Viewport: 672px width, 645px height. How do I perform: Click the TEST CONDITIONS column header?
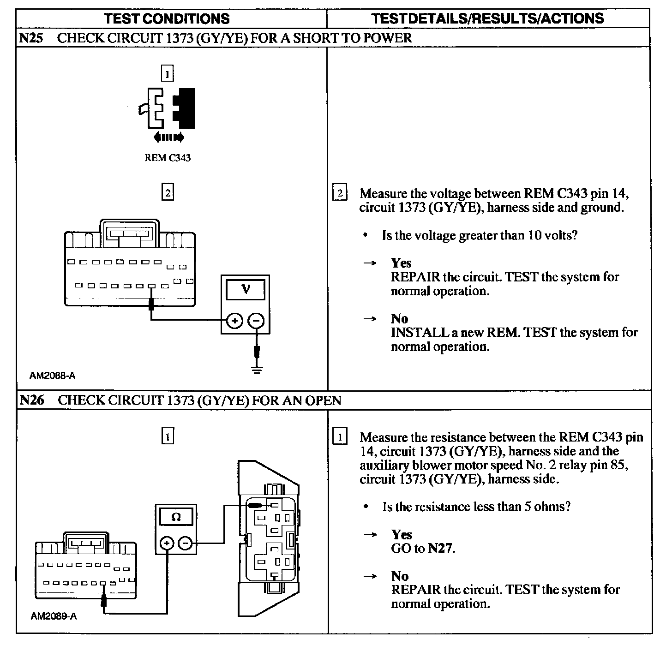point(167,18)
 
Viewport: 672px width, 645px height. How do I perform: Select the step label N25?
point(31,38)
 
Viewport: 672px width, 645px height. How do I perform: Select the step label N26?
point(32,400)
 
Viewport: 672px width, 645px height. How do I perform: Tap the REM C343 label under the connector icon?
point(168,158)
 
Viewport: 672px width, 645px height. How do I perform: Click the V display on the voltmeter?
point(246,289)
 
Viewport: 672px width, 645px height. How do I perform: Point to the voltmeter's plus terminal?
point(234,321)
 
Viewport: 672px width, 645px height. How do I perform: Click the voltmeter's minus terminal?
point(256,321)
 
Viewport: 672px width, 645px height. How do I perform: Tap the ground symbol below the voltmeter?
point(257,370)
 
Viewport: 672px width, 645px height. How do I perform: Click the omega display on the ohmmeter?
point(176,517)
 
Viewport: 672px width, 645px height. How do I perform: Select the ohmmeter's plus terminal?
point(167,543)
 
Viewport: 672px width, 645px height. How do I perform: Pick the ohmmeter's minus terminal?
point(185,543)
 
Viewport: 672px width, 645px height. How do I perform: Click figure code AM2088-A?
point(53,376)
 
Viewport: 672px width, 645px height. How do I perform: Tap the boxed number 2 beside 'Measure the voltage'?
point(340,193)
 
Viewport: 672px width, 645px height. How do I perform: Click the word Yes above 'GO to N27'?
point(402,535)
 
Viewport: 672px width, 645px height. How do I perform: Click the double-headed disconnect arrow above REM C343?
point(169,137)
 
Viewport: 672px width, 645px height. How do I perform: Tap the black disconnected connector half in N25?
point(185,108)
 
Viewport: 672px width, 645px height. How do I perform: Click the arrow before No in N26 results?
point(370,576)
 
